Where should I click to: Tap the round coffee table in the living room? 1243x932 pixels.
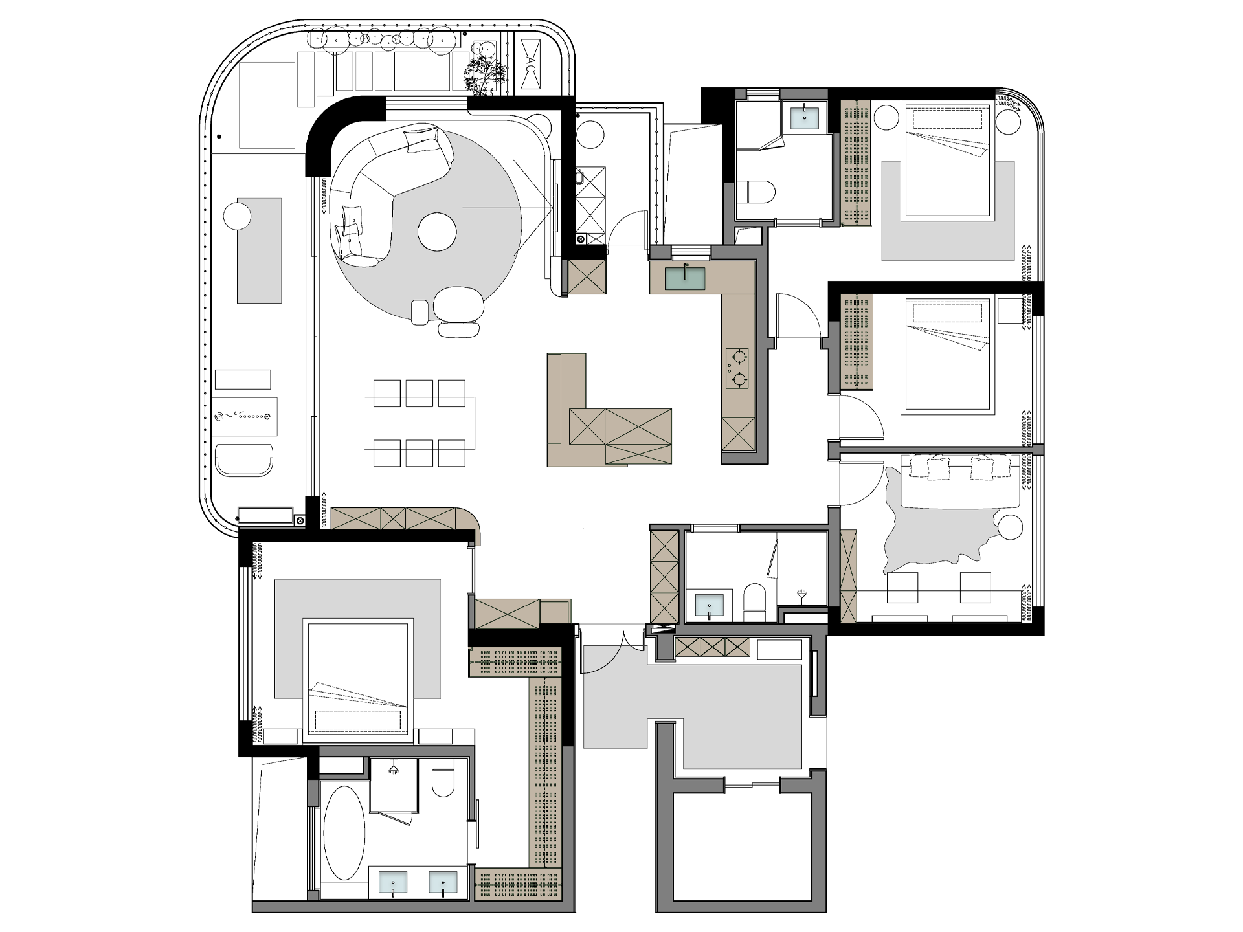click(x=437, y=231)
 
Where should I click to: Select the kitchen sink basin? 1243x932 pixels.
click(x=686, y=278)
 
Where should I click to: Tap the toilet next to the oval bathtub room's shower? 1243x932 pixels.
click(x=445, y=781)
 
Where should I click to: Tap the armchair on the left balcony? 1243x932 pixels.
click(x=243, y=460)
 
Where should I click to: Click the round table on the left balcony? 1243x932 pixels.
click(x=237, y=216)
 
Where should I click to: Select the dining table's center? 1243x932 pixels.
click(x=420, y=423)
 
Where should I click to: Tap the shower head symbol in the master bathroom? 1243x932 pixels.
click(x=392, y=770)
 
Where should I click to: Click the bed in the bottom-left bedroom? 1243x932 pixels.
click(x=359, y=680)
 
